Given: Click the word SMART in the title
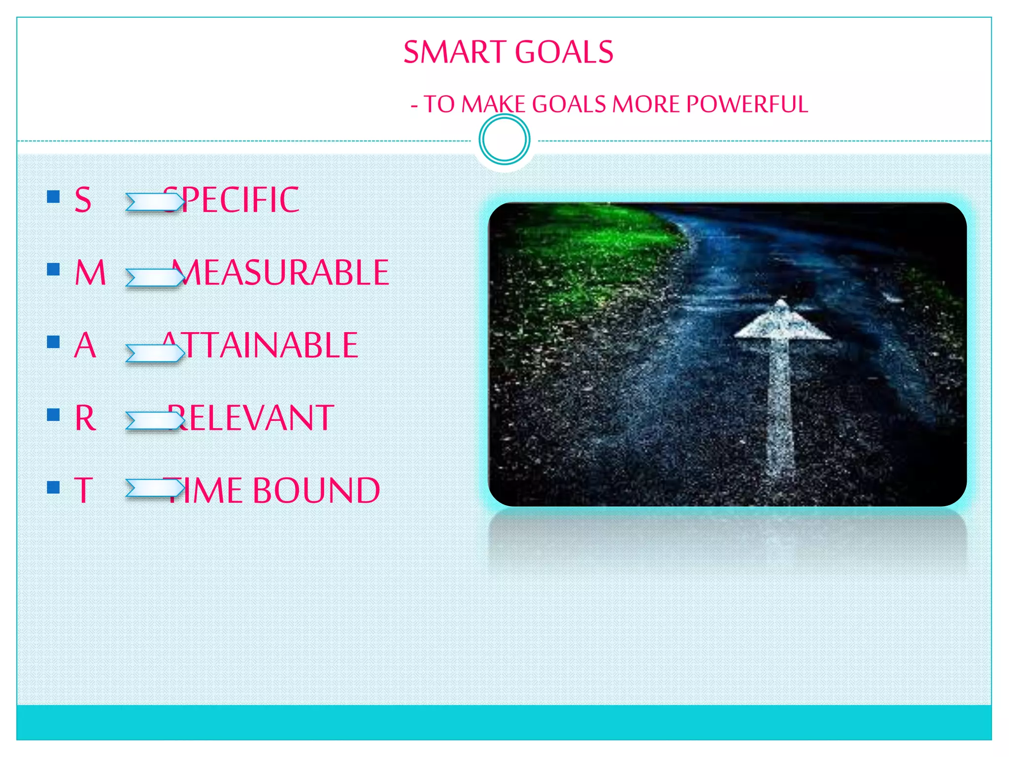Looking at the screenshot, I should pyautogui.click(x=454, y=52).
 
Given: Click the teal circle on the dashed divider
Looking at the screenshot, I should pyautogui.click(x=504, y=139).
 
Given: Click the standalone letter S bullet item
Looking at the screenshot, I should pyautogui.click(x=83, y=200).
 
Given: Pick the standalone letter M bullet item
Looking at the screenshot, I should pyautogui.click(x=90, y=273).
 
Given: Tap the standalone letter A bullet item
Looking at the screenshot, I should pyautogui.click(x=85, y=345).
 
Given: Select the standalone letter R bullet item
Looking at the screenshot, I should pyautogui.click(x=85, y=418).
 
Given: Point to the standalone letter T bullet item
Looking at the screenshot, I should pyautogui.click(x=84, y=490).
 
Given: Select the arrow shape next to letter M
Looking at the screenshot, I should pyautogui.click(x=155, y=277).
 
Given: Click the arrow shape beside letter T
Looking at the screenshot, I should pyautogui.click(x=155, y=488).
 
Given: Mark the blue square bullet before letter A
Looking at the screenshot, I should pyautogui.click(x=53, y=342).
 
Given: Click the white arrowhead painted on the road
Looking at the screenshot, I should pyautogui.click(x=782, y=323).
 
